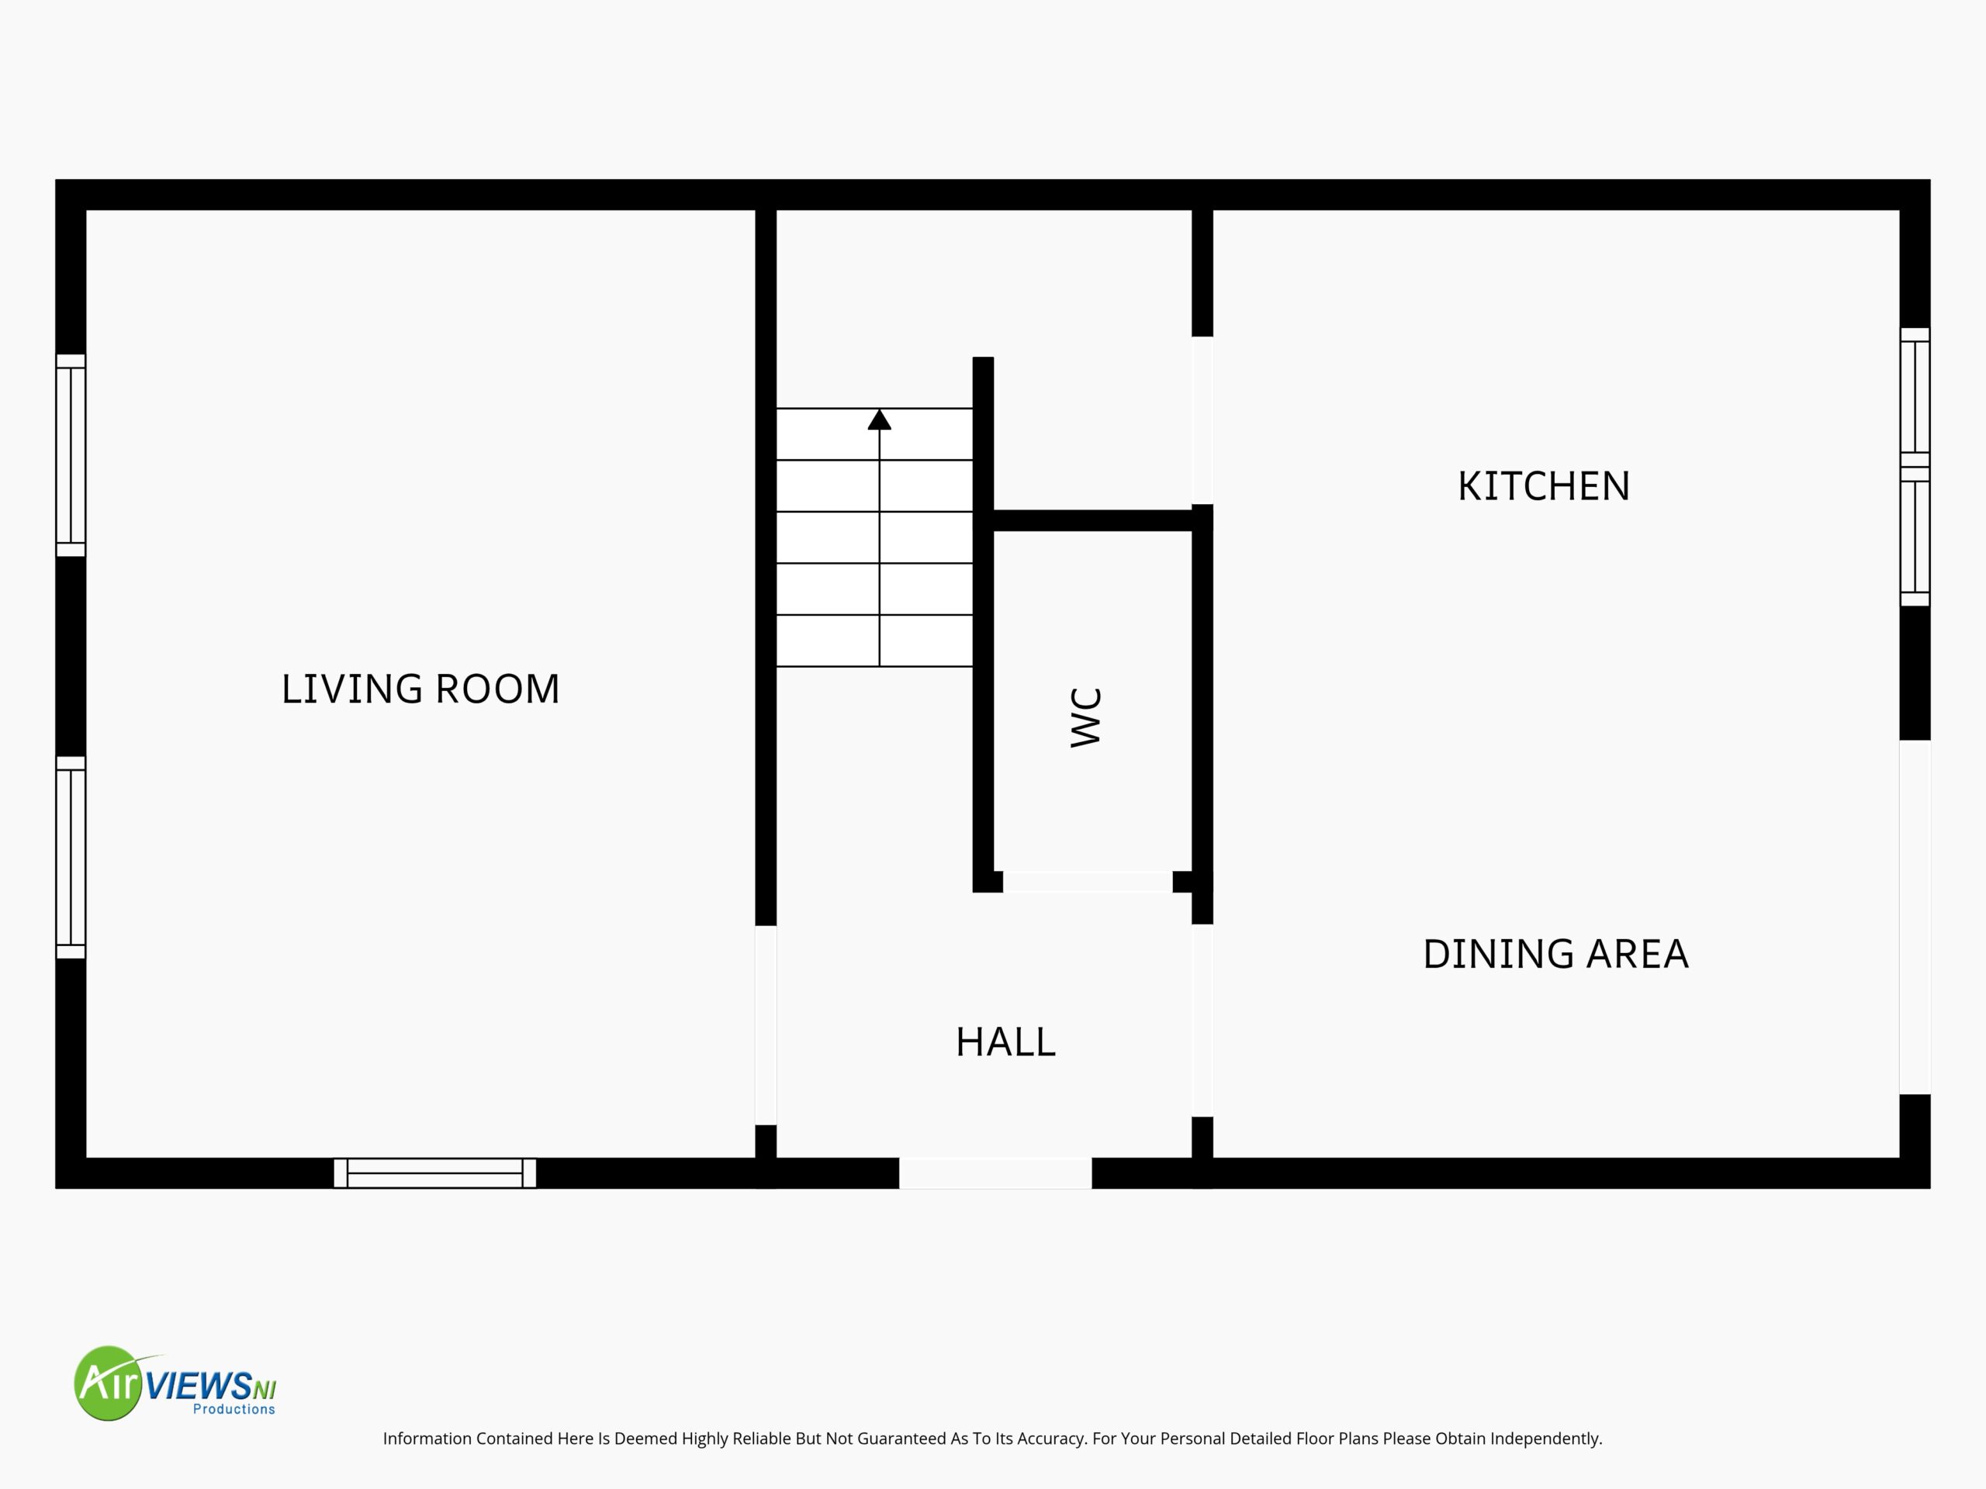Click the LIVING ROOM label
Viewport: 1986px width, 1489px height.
tap(420, 689)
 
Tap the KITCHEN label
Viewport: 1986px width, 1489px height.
tap(1543, 486)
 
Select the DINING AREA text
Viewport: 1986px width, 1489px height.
tap(1556, 953)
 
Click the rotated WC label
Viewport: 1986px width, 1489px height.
tap(1086, 717)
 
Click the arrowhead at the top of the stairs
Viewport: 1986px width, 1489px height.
tap(879, 419)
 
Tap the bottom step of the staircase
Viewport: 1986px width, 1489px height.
tap(874, 641)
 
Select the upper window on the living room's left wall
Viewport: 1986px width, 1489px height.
tap(71, 455)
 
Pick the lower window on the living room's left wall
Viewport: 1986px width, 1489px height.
tap(71, 857)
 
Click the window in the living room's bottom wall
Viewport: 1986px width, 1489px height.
tap(434, 1173)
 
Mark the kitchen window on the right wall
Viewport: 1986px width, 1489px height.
tap(1914, 467)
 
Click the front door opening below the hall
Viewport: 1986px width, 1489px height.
tap(995, 1173)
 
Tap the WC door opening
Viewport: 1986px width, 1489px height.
tap(1088, 881)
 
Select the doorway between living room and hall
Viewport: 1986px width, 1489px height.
tap(766, 1025)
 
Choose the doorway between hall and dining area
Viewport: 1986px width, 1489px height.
tap(1202, 1021)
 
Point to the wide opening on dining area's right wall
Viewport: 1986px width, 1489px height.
tap(1914, 917)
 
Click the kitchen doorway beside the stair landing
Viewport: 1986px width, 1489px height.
tap(1202, 420)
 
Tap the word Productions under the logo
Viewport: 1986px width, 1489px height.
tap(234, 1409)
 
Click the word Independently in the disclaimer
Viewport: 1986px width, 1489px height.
tap(1546, 1439)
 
